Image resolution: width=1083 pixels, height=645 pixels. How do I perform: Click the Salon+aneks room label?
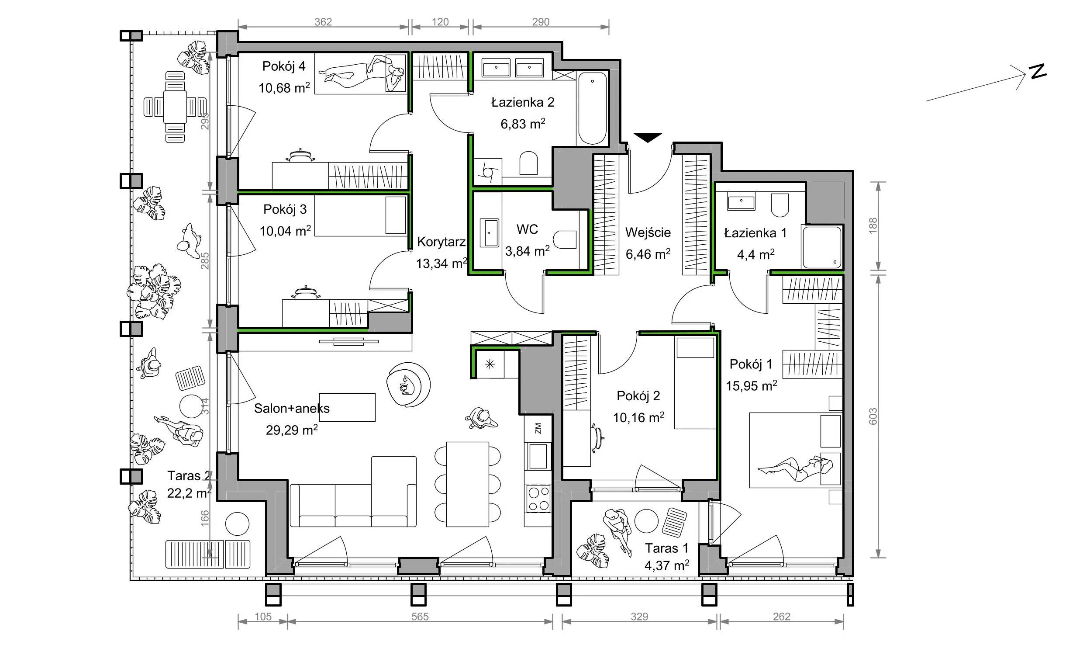click(292, 409)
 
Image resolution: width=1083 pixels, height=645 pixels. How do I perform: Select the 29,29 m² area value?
click(292, 430)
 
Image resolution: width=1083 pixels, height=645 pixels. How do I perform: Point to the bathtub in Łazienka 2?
click(592, 109)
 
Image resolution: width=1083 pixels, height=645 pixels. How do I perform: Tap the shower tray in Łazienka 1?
click(821, 247)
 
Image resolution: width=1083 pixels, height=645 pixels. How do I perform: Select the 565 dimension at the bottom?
click(420, 617)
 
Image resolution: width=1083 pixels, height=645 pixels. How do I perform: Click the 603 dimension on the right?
click(873, 417)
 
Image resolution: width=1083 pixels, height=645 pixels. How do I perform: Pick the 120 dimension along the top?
click(440, 22)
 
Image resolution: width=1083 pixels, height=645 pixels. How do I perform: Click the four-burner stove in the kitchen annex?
click(538, 499)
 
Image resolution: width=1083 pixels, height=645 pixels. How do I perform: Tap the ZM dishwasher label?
click(538, 428)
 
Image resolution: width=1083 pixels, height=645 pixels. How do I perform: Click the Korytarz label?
click(441, 242)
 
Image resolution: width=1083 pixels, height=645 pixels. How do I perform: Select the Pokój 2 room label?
click(638, 396)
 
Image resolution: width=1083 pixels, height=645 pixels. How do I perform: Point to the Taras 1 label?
click(667, 548)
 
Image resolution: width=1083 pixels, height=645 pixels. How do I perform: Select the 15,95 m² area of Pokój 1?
click(751, 386)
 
